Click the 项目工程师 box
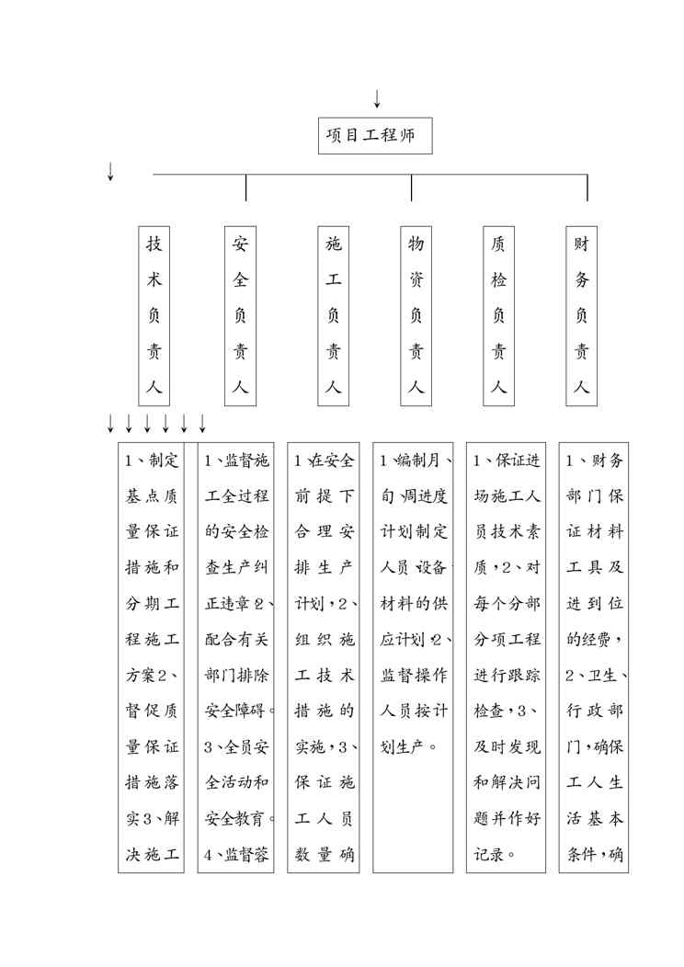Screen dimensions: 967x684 [374, 136]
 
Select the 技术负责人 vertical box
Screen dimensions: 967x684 [154, 315]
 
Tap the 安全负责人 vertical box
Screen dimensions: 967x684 [240, 315]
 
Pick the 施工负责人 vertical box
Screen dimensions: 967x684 [333, 315]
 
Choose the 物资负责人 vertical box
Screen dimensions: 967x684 [416, 315]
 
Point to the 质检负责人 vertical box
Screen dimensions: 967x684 [498, 315]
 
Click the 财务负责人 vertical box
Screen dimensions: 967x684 [581, 315]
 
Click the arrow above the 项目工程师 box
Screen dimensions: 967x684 [377, 98]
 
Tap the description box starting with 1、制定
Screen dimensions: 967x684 [151, 656]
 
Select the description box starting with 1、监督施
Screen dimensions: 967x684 [237, 656]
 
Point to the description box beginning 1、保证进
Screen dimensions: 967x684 [507, 656]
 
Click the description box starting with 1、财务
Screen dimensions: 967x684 [594, 656]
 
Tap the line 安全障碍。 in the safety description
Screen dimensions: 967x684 [236, 710]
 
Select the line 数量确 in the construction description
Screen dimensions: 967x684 [324, 854]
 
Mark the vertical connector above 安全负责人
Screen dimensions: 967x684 [246, 188]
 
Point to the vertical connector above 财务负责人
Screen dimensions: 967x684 [587, 188]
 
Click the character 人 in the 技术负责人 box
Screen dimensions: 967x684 [154, 387]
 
